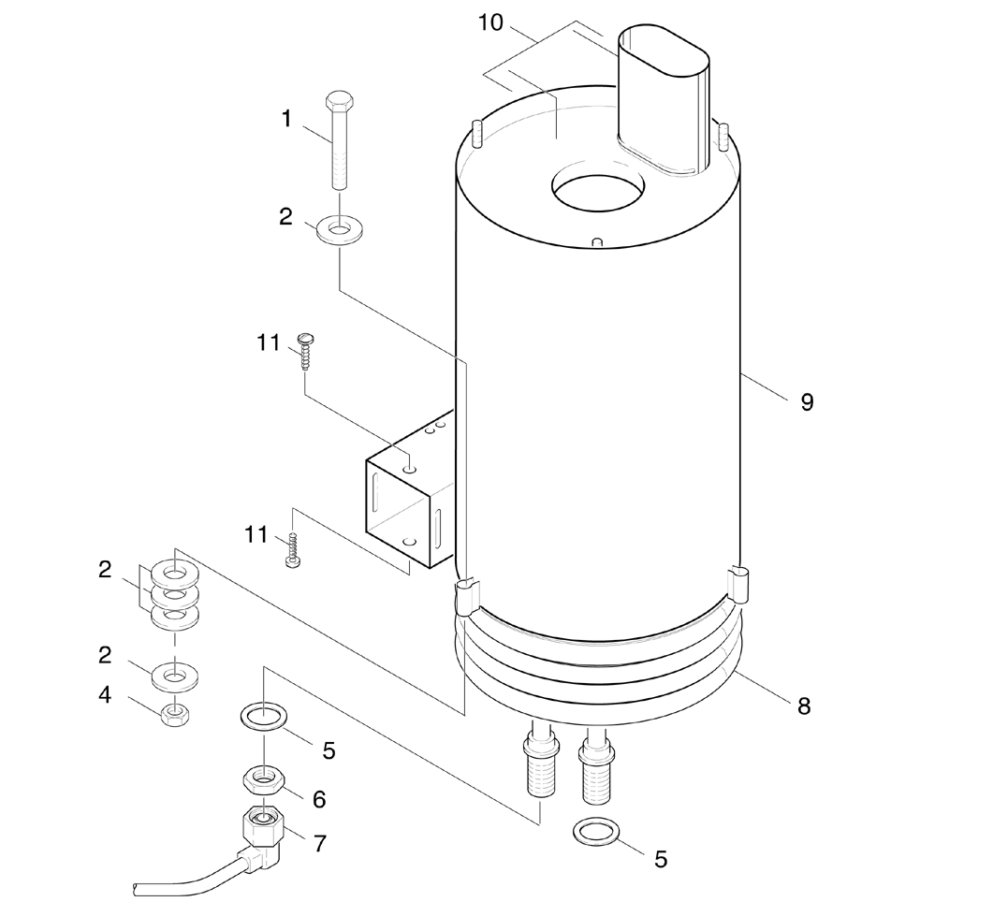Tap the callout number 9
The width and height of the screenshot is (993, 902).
[806, 402]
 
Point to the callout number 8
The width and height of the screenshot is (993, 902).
[803, 706]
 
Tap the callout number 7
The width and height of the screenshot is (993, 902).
[320, 843]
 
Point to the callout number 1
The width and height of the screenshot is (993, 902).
[286, 119]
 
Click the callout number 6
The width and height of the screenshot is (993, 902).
[319, 799]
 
